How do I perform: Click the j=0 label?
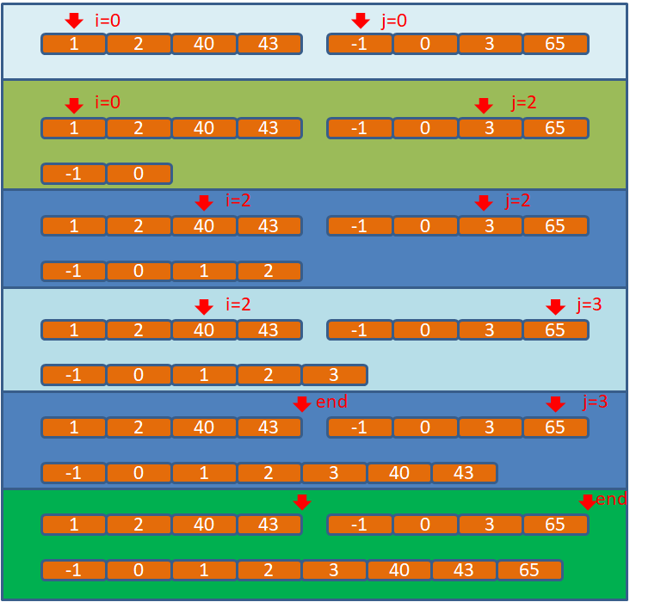click(394, 21)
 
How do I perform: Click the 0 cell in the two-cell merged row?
click(139, 174)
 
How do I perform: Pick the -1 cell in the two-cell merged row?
click(74, 174)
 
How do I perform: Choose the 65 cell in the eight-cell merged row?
click(529, 570)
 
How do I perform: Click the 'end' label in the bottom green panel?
click(611, 500)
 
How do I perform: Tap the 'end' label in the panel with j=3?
click(331, 402)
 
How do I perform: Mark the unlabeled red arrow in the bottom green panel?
click(301, 501)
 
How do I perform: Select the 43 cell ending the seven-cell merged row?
click(464, 473)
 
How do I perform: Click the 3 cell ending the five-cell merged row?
click(334, 375)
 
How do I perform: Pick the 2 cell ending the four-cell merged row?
click(269, 272)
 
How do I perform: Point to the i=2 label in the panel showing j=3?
click(238, 304)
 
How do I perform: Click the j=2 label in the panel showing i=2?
click(518, 200)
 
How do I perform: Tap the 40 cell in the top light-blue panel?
click(204, 44)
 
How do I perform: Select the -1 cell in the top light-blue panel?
click(360, 44)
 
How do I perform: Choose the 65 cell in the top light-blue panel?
click(555, 44)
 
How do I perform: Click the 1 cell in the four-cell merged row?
click(204, 272)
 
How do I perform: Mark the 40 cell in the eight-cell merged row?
click(399, 570)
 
